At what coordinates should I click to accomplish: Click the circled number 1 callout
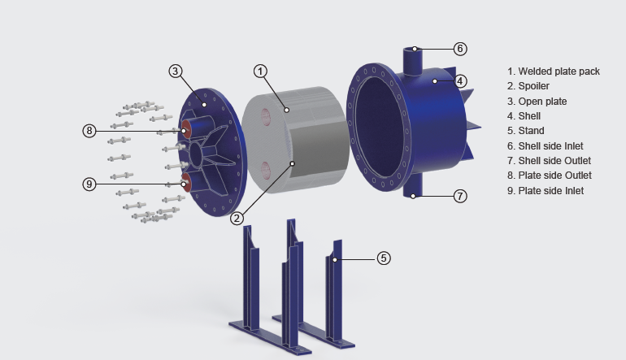(260, 72)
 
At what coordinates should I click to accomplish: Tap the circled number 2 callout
(237, 219)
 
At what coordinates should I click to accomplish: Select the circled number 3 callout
(176, 72)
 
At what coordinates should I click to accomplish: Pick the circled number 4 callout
(460, 81)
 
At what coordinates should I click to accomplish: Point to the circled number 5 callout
(383, 258)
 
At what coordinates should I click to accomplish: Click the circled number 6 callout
(460, 49)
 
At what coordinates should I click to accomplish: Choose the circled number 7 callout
(460, 196)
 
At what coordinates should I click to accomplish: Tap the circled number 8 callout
(89, 131)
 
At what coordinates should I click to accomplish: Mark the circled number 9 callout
(89, 184)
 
